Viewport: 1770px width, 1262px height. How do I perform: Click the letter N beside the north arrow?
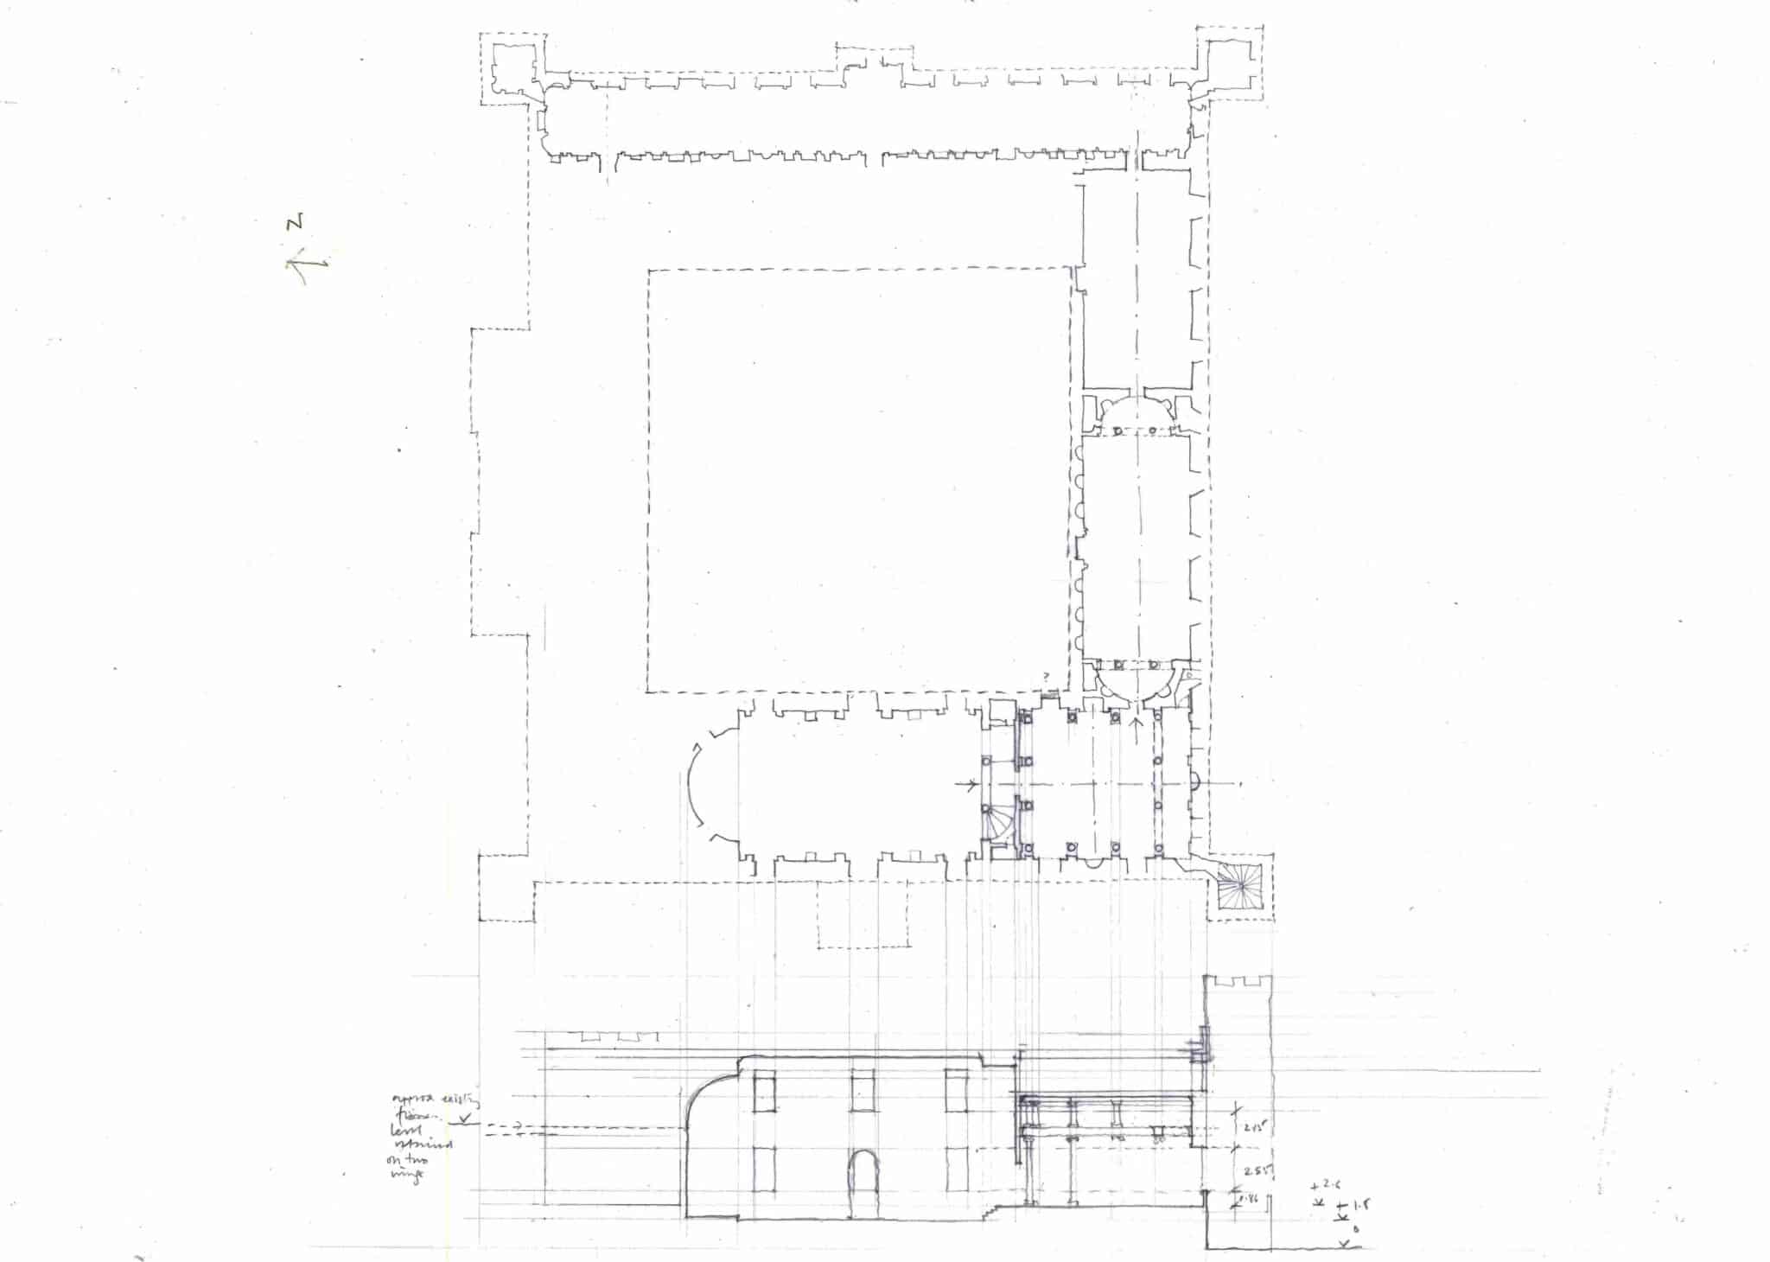(296, 222)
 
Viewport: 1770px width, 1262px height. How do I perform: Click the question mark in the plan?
(1047, 675)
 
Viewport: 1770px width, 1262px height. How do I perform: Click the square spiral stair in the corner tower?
(1241, 885)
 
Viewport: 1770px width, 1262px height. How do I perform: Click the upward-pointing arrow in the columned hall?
(1137, 724)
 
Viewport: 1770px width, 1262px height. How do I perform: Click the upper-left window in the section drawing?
(764, 1092)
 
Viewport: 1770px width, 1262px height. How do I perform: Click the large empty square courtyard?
(860, 480)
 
